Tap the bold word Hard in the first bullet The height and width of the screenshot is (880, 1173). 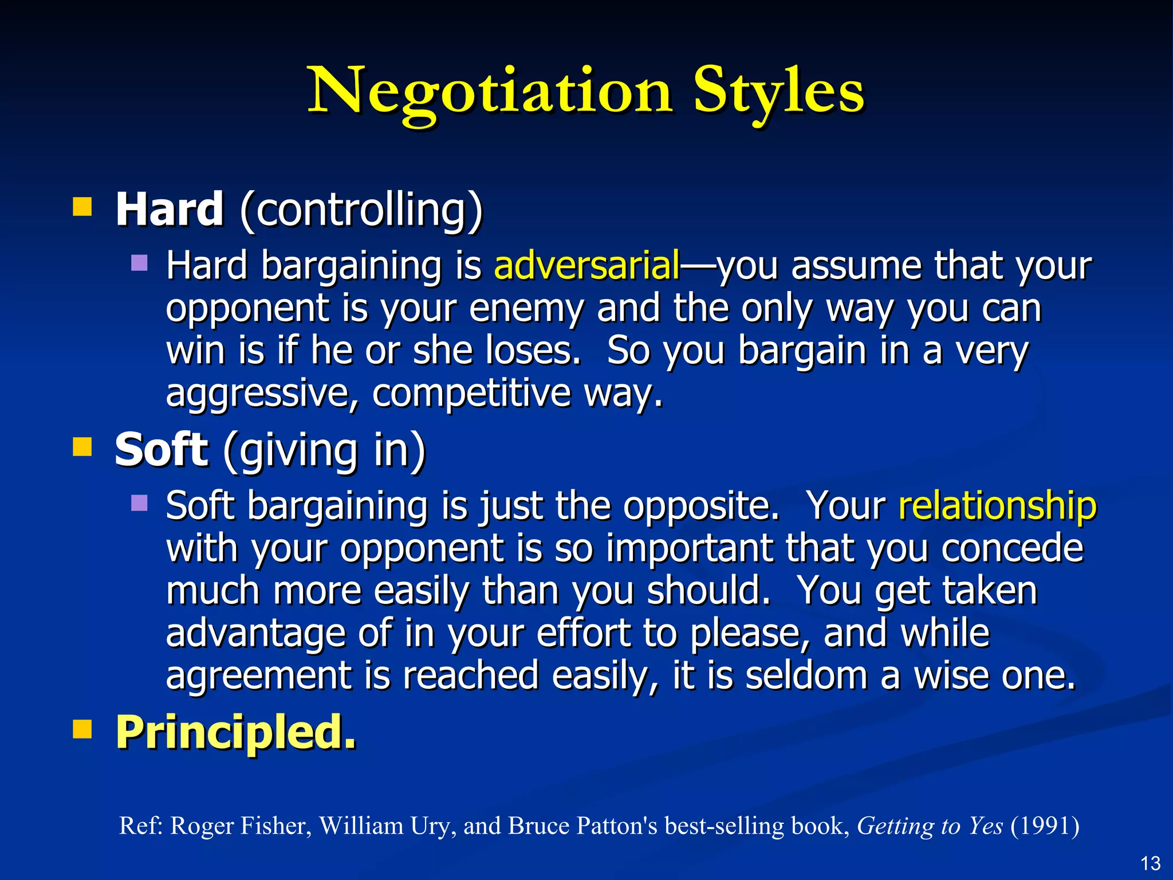coord(170,210)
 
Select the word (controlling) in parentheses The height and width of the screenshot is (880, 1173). coord(361,211)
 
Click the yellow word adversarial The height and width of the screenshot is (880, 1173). coord(587,266)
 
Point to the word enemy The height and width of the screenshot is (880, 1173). coord(526,309)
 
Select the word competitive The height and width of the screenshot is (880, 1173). coord(471,394)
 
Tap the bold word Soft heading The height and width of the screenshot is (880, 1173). coord(161,450)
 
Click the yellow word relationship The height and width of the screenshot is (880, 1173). coord(997,506)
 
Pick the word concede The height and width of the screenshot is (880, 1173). coord(1012,548)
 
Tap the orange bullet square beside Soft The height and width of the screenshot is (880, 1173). coord(82,447)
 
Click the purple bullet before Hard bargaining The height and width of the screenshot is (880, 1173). coord(139,264)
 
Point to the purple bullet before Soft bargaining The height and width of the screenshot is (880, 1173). coord(139,504)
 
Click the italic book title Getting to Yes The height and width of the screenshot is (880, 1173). coord(930,826)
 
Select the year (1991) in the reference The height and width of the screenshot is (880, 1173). coord(1045,826)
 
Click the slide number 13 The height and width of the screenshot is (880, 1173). coord(1150,863)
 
